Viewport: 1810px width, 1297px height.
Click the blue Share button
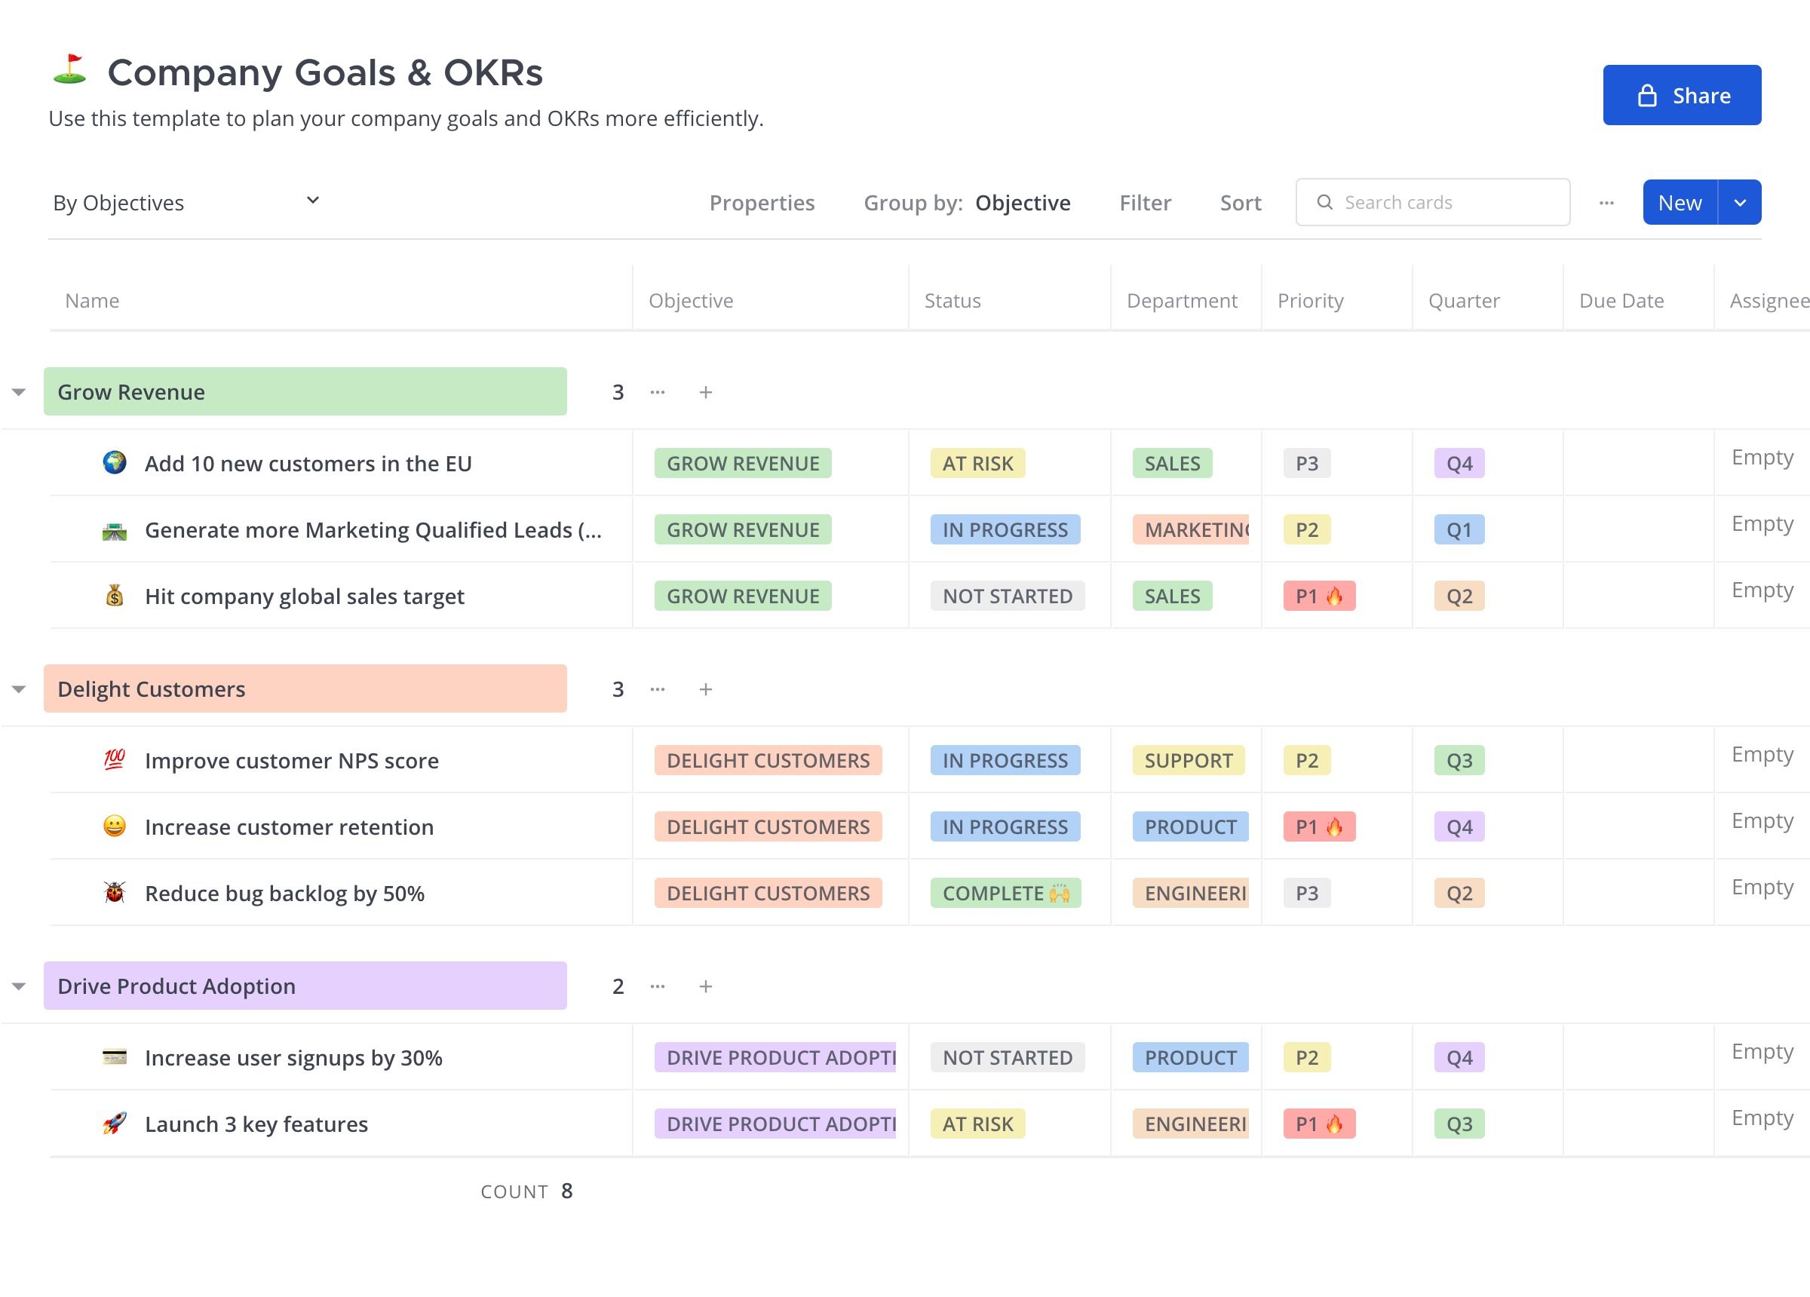point(1682,95)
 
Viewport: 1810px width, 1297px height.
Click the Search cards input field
point(1432,202)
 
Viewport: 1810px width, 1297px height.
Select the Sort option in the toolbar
point(1240,203)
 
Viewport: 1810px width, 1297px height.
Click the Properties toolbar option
point(762,203)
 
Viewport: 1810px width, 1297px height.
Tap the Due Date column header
point(1621,301)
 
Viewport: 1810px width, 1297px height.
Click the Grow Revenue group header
point(305,391)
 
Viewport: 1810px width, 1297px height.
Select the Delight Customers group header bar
point(305,688)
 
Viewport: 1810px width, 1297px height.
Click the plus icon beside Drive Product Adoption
point(705,986)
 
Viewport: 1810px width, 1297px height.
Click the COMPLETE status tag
point(1005,893)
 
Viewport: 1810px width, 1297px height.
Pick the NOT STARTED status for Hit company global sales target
point(1007,596)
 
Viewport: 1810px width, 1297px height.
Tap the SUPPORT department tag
point(1189,761)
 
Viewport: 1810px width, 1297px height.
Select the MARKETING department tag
point(1191,530)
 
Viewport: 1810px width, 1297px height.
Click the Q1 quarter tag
point(1459,530)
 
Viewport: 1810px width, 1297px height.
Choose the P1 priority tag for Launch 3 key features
point(1319,1124)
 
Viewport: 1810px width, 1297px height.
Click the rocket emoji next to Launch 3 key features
point(115,1124)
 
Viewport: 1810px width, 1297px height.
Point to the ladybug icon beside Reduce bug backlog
point(115,893)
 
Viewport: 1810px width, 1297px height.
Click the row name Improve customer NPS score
point(291,761)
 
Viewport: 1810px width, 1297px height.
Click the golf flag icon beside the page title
point(70,69)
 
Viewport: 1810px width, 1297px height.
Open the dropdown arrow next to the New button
point(1740,202)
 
